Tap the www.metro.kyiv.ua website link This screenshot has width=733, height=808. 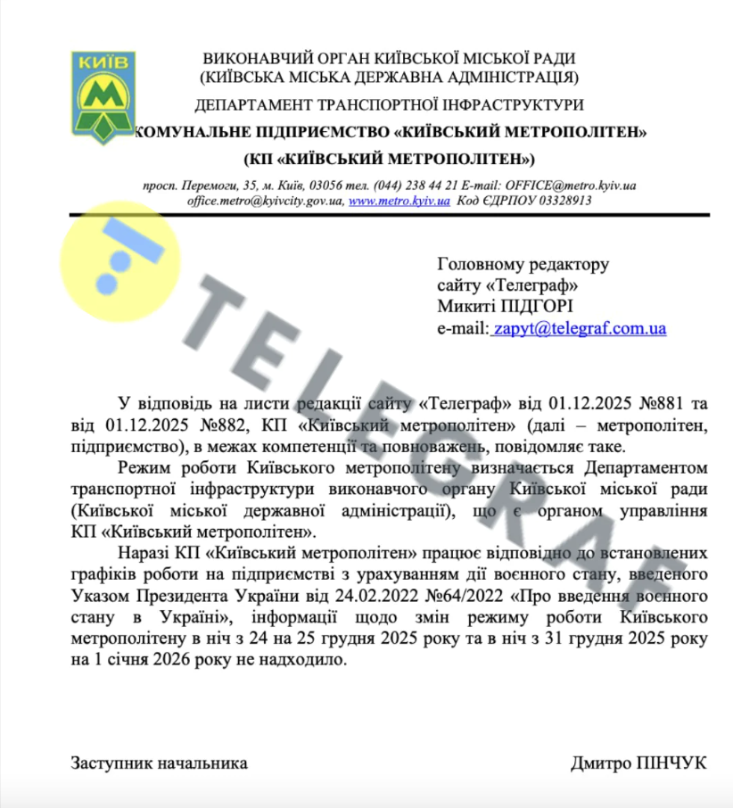pos(399,201)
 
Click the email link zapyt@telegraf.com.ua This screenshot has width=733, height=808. pos(580,328)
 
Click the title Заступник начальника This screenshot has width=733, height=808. pos(159,763)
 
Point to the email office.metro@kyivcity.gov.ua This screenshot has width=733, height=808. pos(265,201)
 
